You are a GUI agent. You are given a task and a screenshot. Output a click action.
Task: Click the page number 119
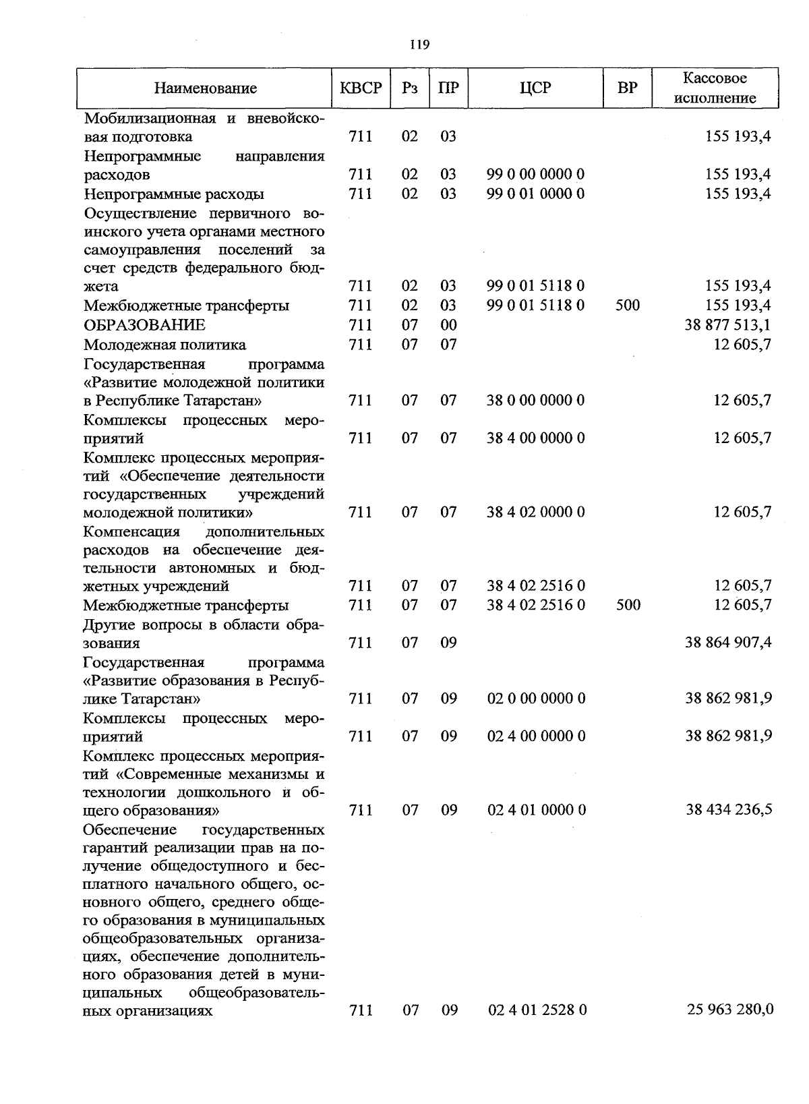pos(419,45)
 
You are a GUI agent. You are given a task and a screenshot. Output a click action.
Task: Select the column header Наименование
pos(205,88)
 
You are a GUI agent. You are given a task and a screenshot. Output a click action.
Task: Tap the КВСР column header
pos(361,88)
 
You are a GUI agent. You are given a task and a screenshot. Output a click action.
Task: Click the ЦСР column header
pos(536,88)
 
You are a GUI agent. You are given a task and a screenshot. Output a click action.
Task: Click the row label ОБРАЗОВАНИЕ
pos(144,325)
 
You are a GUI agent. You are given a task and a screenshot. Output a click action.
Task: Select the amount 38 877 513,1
pos(727,325)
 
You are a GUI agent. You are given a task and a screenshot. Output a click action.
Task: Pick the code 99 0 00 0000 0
pos(536,175)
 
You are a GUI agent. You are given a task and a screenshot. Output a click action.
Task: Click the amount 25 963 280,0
pos(730,1010)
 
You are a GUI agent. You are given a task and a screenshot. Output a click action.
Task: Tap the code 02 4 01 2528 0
pos(537,1010)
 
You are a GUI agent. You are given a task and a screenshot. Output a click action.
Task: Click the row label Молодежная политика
pos(164,345)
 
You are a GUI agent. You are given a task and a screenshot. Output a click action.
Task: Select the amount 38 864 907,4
pos(728,643)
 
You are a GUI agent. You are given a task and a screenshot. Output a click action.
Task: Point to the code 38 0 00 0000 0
pos(536,401)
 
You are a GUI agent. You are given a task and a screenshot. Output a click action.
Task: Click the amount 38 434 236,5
pos(729,809)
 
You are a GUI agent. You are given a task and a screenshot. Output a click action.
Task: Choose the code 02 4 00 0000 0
pos(537,736)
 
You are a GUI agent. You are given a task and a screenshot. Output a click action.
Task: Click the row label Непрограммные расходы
pos(174,194)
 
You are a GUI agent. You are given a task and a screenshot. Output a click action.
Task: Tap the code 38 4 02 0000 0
pos(536,513)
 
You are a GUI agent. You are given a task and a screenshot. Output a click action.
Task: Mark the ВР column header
pos(628,88)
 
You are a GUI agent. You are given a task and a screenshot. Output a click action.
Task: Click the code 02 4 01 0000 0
pos(537,809)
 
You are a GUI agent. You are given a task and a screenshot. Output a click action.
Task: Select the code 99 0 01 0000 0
pos(536,194)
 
